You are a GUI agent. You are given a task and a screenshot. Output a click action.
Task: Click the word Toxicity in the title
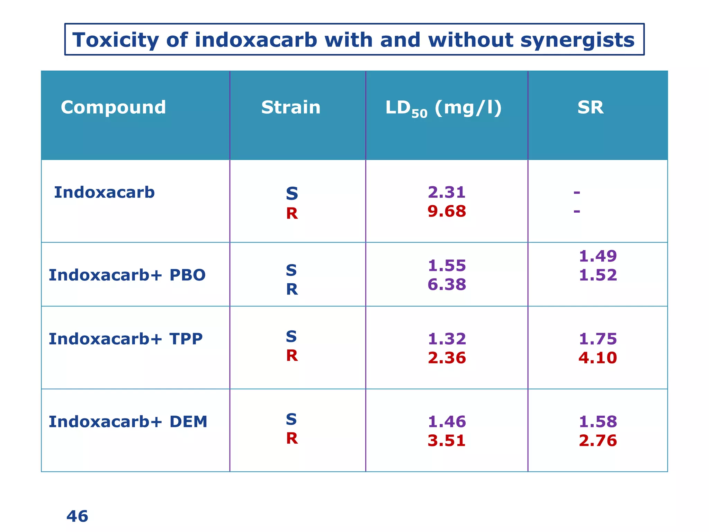(x=115, y=40)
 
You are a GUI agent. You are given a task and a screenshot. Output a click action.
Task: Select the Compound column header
(x=113, y=107)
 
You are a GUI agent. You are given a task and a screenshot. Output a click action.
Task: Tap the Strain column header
(x=290, y=107)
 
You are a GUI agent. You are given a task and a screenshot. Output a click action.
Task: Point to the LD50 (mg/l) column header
(x=443, y=108)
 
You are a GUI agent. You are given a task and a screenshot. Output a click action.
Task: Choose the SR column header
(x=590, y=107)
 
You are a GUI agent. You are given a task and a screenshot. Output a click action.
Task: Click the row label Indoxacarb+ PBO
(x=127, y=275)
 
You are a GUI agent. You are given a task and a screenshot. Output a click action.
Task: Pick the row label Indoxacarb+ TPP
(x=125, y=339)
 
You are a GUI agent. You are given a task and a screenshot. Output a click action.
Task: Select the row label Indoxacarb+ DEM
(x=128, y=422)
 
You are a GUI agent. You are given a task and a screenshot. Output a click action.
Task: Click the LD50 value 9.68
(x=447, y=211)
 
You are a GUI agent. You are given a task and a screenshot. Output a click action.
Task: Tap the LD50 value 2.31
(x=447, y=192)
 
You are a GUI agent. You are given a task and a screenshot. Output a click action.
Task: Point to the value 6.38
(x=447, y=284)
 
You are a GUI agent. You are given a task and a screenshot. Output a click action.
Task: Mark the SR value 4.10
(x=598, y=358)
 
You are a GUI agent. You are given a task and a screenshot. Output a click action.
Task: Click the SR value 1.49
(x=598, y=256)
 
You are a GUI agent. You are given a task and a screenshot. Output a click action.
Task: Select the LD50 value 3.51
(x=447, y=441)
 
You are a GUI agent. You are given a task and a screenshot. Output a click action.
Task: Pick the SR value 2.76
(x=598, y=441)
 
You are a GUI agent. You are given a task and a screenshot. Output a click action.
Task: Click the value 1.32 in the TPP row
(x=447, y=339)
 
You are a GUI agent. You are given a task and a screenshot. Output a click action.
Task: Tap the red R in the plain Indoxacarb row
(x=292, y=214)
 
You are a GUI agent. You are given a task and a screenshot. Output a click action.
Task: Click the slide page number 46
(x=77, y=516)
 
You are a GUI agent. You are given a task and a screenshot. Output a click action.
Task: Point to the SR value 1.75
(x=598, y=339)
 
